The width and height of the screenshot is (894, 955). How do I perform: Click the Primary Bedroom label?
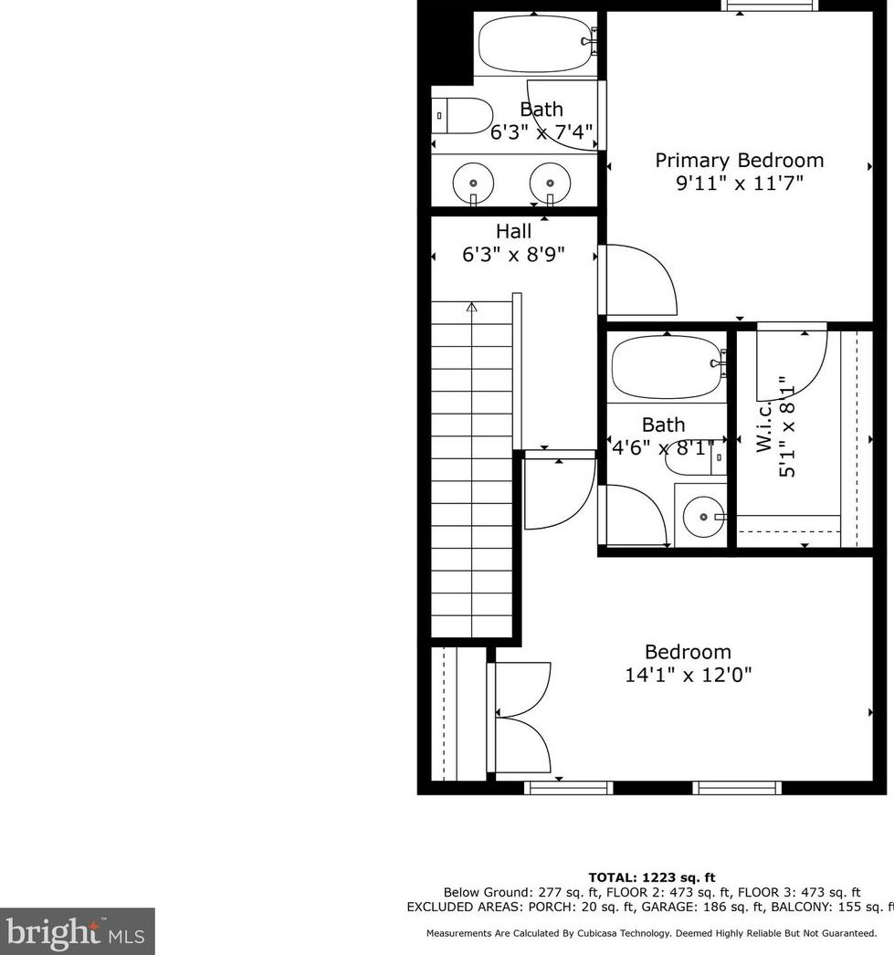pos(739,161)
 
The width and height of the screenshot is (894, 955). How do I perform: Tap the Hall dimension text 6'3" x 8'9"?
pos(513,255)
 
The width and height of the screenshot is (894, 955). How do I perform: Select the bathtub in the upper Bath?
pos(534,43)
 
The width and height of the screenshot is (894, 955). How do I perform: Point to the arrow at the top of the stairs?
pos(471,308)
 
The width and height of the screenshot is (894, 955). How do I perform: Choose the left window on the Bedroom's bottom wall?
pos(568,787)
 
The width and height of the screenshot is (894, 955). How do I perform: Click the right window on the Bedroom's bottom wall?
pos(736,787)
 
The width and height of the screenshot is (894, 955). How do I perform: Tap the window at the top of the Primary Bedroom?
pos(769,5)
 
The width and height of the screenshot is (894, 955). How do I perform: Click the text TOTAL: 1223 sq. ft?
pos(651,877)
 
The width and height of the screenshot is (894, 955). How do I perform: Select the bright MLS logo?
pos(77,931)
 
